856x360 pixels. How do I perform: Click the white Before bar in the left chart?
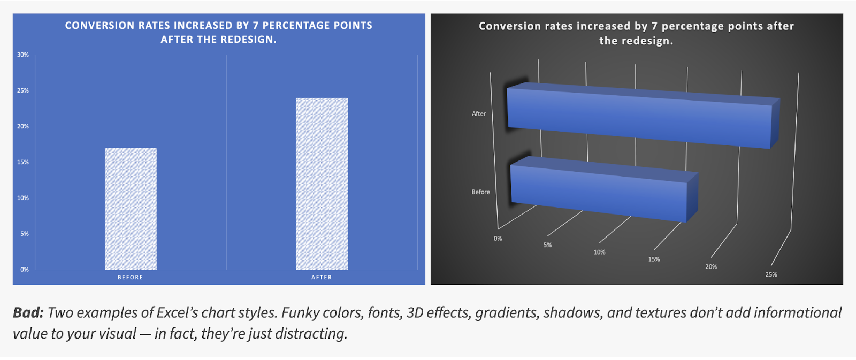pyautogui.click(x=131, y=209)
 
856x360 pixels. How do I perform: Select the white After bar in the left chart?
pyautogui.click(x=322, y=184)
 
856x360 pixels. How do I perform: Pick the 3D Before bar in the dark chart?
pyautogui.click(x=605, y=189)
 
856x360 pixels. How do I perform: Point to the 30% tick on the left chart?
pyautogui.click(x=23, y=55)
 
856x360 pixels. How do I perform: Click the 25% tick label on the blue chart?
pyautogui.click(x=23, y=90)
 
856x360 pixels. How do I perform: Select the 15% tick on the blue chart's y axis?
pyautogui.click(x=23, y=162)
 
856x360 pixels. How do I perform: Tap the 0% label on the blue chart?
pyautogui.click(x=25, y=270)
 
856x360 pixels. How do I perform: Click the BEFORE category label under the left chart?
pyautogui.click(x=131, y=278)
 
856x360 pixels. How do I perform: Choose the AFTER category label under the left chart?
pyautogui.click(x=322, y=278)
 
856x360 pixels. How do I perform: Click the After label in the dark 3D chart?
pyautogui.click(x=479, y=113)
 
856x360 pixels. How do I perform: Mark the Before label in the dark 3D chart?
pyautogui.click(x=481, y=192)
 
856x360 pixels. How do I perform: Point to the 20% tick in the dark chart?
pyautogui.click(x=711, y=267)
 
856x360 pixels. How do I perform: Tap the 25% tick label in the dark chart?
pyautogui.click(x=771, y=274)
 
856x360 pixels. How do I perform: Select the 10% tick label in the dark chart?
pyautogui.click(x=599, y=252)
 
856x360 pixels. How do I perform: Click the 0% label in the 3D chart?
pyautogui.click(x=498, y=239)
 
